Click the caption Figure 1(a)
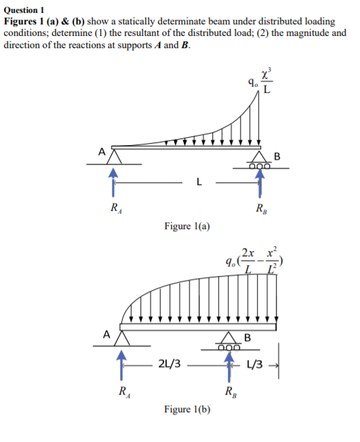pyautogui.click(x=187, y=226)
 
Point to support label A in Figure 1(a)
pyautogui.click(x=102, y=152)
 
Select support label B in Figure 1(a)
pyautogui.click(x=277, y=157)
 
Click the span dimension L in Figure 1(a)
pyautogui.click(x=198, y=182)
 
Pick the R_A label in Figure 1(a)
pyautogui.click(x=116, y=208)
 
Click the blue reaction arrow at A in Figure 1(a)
pyautogui.click(x=115, y=182)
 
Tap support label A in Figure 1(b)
pyautogui.click(x=106, y=334)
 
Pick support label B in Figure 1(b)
pyautogui.click(x=247, y=337)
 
